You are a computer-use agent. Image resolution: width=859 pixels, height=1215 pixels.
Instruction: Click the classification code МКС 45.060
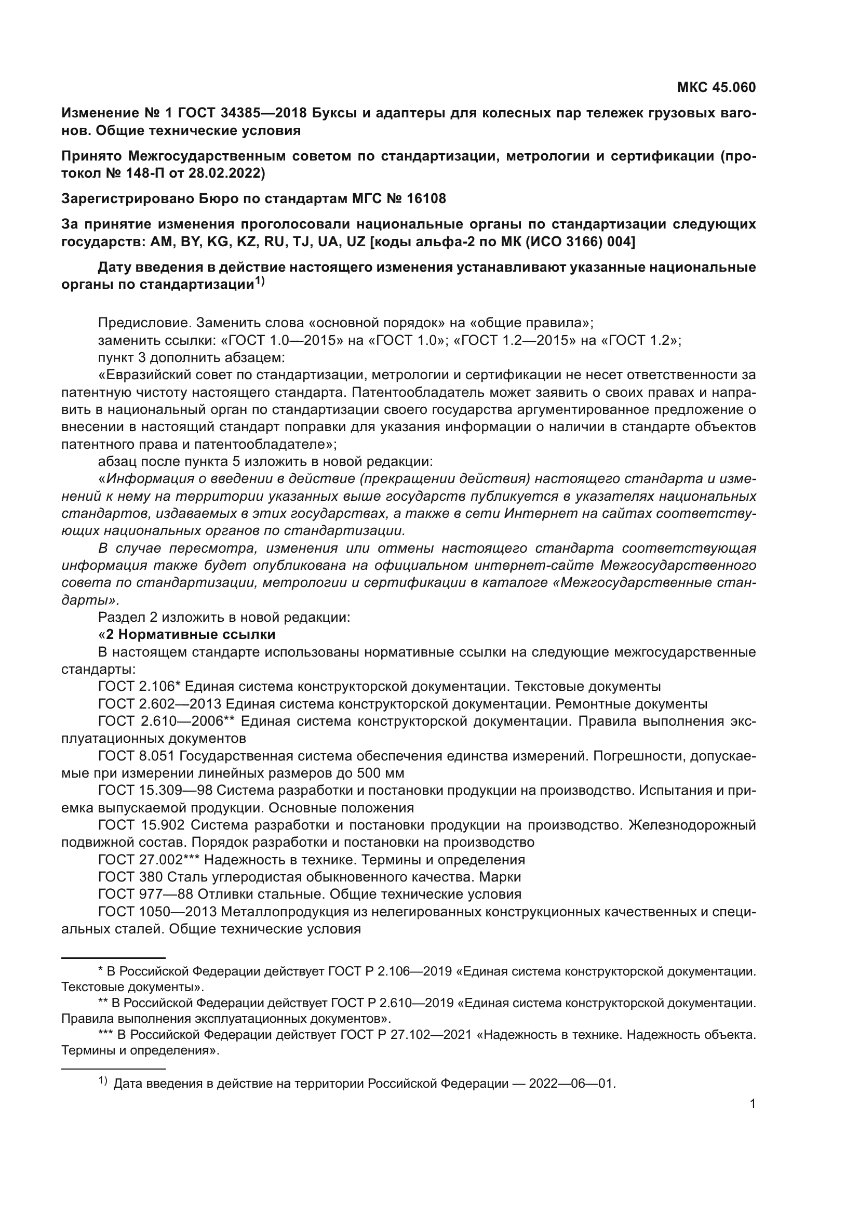point(716,87)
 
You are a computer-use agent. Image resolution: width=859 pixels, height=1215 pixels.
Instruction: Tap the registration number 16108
point(426,198)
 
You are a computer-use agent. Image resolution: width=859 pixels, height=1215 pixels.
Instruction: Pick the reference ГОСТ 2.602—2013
point(160,704)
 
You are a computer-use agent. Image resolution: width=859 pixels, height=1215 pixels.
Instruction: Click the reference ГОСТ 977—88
point(146,894)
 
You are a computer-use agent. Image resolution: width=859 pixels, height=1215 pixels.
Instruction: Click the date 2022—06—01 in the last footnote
point(572,1083)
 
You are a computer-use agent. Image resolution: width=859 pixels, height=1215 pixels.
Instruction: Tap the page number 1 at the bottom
point(752,1103)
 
